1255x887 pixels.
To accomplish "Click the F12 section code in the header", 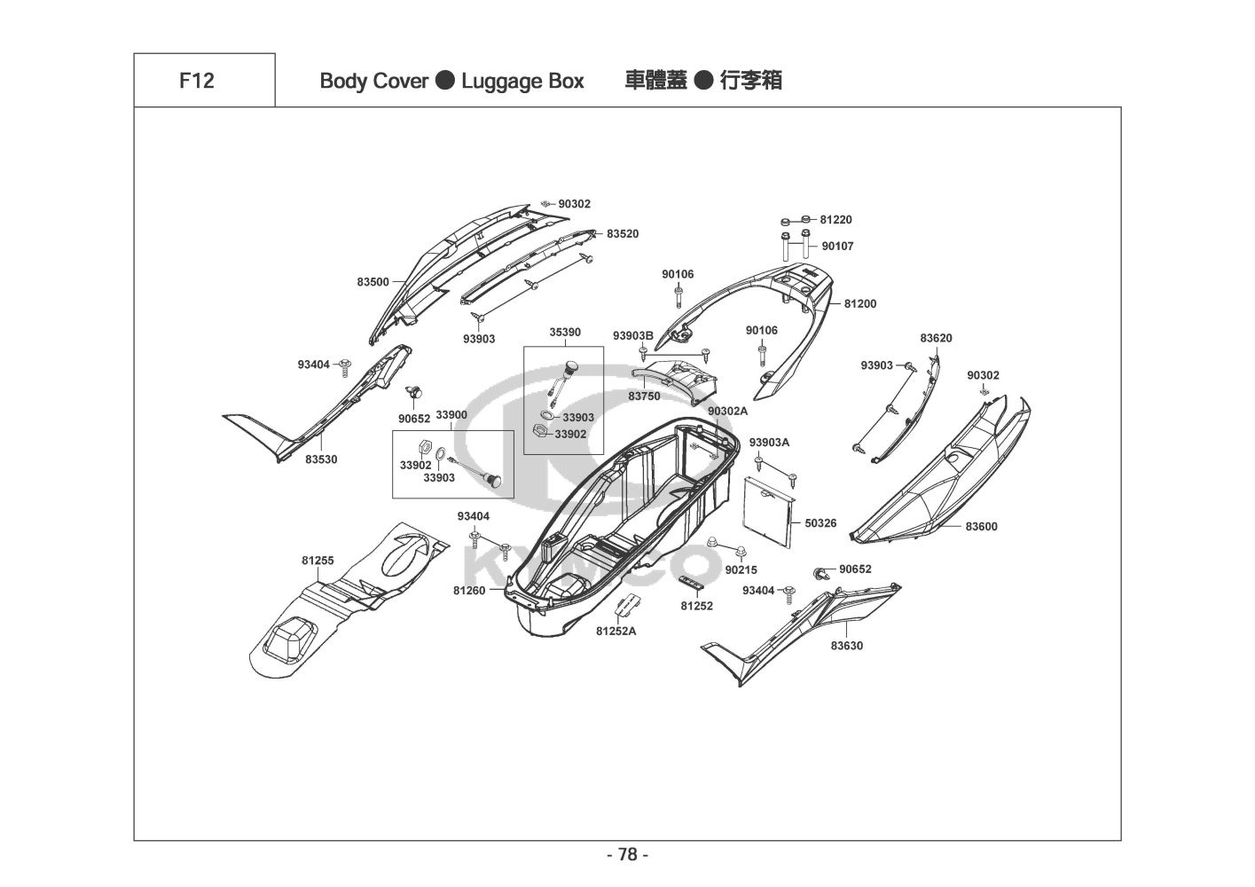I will (196, 81).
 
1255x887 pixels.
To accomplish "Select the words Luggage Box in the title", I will (522, 82).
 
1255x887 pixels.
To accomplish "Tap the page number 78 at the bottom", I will (627, 855).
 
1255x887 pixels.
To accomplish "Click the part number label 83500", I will (373, 282).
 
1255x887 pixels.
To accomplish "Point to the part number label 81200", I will (859, 303).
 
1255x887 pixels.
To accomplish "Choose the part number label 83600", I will (981, 526).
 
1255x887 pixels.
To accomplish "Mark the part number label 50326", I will (820, 523).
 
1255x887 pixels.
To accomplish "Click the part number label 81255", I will (318, 561).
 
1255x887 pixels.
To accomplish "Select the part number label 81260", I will (468, 590).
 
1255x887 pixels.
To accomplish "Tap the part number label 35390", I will (564, 332).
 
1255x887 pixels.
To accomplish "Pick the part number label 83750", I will (644, 396).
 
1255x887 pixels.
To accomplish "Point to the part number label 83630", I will (846, 646).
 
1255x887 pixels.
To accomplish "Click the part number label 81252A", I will (616, 632).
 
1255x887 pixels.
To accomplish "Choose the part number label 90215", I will (741, 569).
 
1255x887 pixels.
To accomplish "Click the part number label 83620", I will (936, 338).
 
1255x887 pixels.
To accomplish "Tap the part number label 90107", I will (837, 246).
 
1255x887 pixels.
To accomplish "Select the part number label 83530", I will (321, 459).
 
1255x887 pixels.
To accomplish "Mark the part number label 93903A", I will (769, 442).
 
